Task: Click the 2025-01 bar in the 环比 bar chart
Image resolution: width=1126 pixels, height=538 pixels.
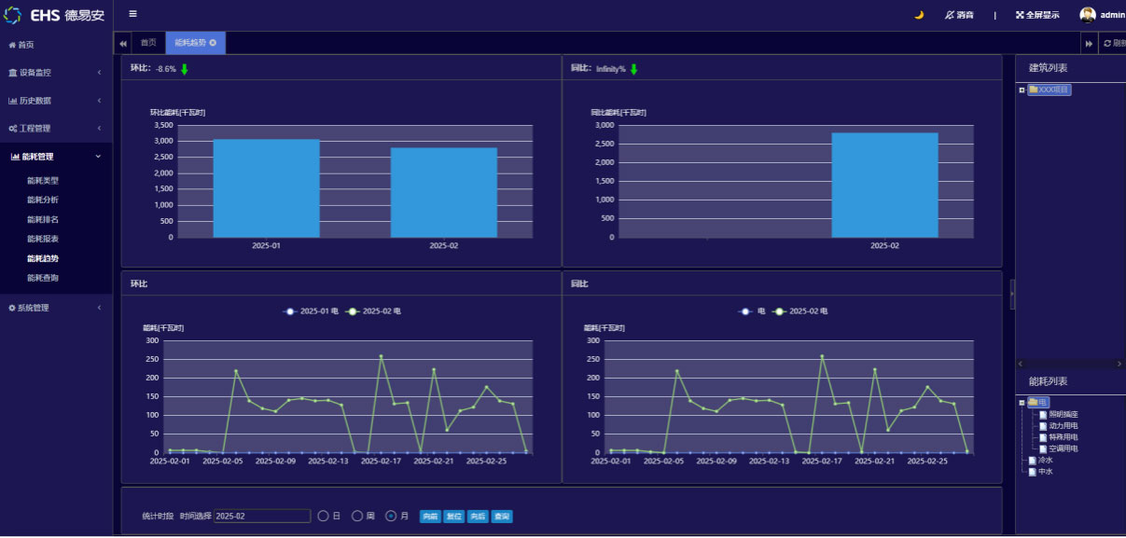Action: (266, 187)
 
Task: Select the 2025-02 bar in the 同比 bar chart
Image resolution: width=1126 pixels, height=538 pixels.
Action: (884, 185)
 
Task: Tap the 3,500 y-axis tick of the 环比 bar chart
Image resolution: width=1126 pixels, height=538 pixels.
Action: (163, 125)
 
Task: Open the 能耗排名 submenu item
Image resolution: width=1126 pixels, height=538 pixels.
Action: (43, 220)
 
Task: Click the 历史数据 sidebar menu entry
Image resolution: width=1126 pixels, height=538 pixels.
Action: (35, 101)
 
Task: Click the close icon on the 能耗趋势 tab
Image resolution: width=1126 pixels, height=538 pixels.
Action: (213, 43)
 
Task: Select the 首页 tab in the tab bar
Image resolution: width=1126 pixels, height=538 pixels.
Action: (148, 43)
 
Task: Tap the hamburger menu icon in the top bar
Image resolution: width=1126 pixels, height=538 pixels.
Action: (132, 14)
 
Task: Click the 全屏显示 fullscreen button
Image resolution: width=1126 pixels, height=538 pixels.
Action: (1036, 15)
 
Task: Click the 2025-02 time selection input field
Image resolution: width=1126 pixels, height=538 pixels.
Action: (262, 517)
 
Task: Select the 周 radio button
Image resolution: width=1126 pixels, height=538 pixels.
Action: (357, 517)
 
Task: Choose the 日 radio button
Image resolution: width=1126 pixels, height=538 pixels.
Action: (324, 517)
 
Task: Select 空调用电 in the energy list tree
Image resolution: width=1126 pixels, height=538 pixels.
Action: (1063, 448)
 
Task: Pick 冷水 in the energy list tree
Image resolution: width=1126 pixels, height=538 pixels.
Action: (1045, 460)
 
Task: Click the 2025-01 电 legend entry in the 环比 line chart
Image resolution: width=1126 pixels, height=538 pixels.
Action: (313, 311)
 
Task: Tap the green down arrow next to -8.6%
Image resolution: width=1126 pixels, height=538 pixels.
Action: (185, 69)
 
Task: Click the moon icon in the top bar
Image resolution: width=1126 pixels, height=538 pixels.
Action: (919, 15)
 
